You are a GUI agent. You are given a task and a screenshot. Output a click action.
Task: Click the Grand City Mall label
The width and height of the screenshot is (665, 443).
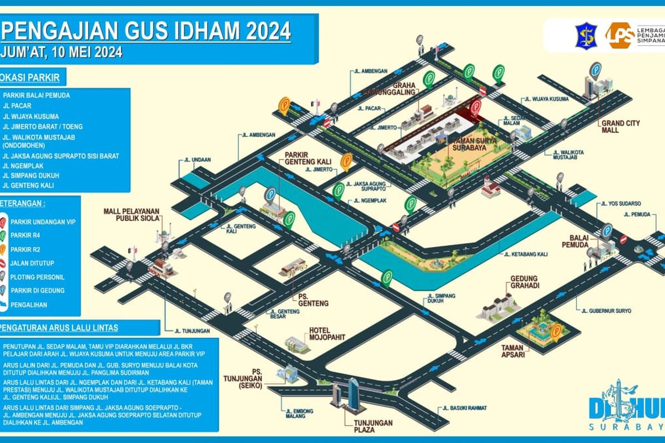click(x=617, y=127)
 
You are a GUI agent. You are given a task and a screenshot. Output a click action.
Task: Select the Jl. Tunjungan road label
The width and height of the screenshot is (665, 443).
click(x=191, y=331)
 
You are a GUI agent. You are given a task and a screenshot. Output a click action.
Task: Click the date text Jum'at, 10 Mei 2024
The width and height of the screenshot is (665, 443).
click(x=62, y=53)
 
